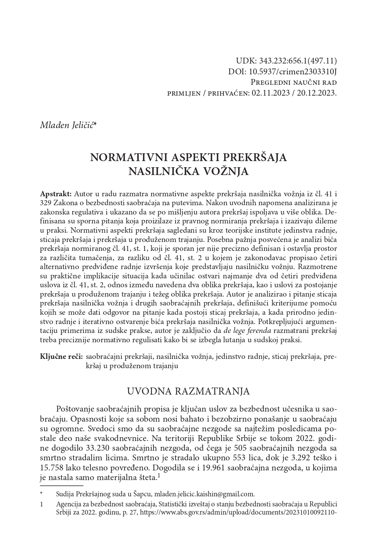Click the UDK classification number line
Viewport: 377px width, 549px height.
pos(286,61)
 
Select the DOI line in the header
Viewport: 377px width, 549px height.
pos(283,72)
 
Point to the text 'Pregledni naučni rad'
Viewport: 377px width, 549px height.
pos(293,82)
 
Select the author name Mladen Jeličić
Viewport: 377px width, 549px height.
pos(68,125)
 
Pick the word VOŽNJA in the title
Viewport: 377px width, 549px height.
pos(227,171)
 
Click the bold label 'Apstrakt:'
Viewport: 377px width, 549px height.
pos(56,193)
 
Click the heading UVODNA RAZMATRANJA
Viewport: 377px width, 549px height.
pos(188,391)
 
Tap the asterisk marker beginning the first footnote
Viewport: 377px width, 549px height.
pos(42,494)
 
